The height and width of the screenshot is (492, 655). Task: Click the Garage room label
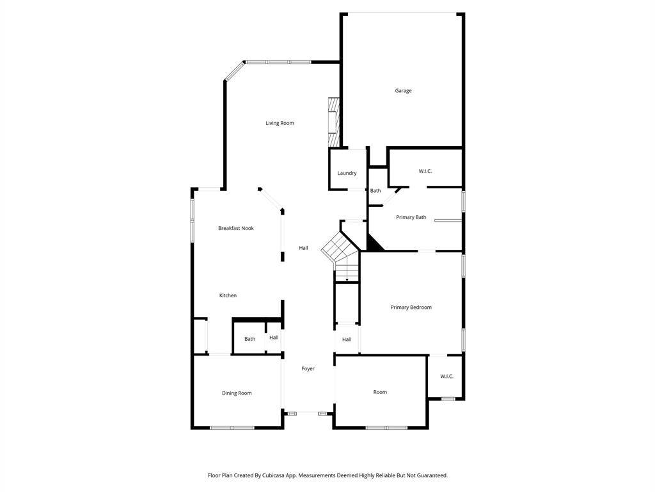(x=403, y=90)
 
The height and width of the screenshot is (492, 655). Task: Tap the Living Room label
(x=280, y=123)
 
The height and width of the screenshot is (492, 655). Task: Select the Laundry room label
(x=347, y=173)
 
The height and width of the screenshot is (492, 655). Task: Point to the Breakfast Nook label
(x=236, y=228)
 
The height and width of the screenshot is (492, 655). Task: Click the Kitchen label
(x=228, y=295)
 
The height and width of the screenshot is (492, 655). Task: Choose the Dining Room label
(x=237, y=393)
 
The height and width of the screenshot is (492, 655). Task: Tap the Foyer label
(x=308, y=368)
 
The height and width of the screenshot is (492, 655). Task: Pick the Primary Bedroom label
(x=411, y=307)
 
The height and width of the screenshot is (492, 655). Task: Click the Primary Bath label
(x=411, y=217)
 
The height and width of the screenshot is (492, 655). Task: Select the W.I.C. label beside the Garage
(x=425, y=171)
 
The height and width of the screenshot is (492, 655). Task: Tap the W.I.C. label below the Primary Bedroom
(x=446, y=376)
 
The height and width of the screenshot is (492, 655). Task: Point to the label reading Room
(x=380, y=392)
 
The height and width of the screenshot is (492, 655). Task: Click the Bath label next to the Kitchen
(x=250, y=339)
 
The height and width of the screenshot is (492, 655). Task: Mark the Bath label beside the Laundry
(x=375, y=191)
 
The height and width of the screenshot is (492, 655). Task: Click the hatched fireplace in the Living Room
(x=333, y=122)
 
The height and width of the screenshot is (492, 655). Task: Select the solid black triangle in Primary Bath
(x=373, y=244)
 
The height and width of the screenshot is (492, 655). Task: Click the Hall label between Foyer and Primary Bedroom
(x=347, y=340)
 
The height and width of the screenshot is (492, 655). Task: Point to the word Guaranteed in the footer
(x=433, y=475)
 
